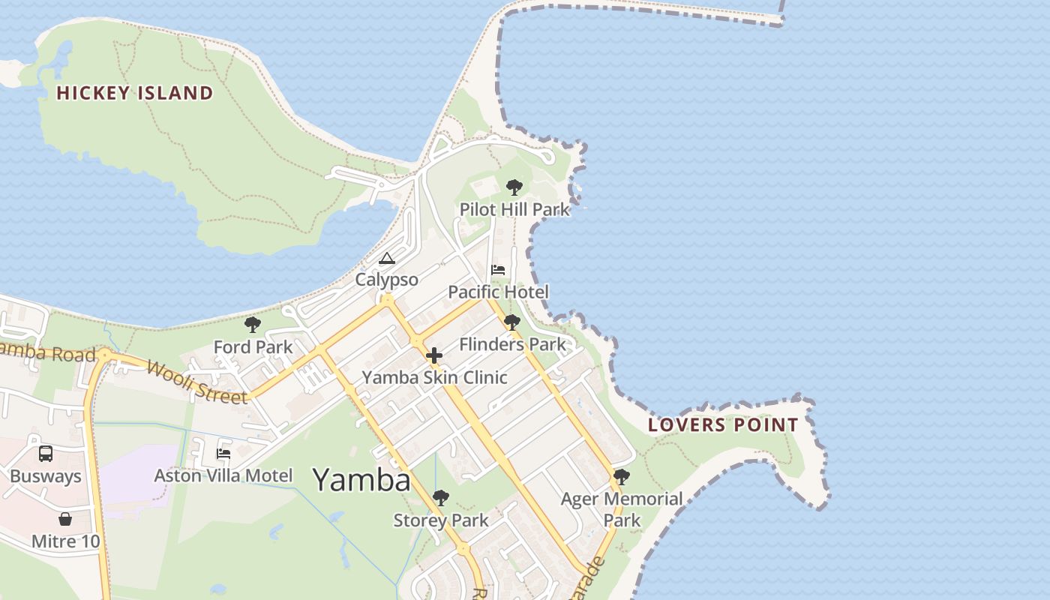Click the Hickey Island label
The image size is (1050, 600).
click(135, 93)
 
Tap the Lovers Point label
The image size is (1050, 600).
click(723, 425)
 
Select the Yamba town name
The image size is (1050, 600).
click(361, 480)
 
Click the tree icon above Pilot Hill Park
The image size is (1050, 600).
click(514, 187)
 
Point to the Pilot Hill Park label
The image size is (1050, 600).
click(514, 210)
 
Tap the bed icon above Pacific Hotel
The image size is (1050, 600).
click(498, 270)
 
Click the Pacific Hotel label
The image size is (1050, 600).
click(498, 292)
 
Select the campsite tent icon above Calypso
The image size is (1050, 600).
click(386, 259)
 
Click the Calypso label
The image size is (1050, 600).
click(386, 280)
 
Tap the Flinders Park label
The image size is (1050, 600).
click(512, 345)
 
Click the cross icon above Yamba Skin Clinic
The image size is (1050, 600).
click(434, 355)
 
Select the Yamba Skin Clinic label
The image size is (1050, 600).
click(434, 377)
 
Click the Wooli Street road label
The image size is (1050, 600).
click(197, 382)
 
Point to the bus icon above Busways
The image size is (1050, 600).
click(46, 454)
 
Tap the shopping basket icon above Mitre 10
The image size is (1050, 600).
click(65, 519)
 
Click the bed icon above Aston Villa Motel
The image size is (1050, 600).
click(223, 454)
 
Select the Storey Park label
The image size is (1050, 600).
click(441, 520)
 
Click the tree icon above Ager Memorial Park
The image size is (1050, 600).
click(621, 477)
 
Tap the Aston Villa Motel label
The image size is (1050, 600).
click(223, 475)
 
